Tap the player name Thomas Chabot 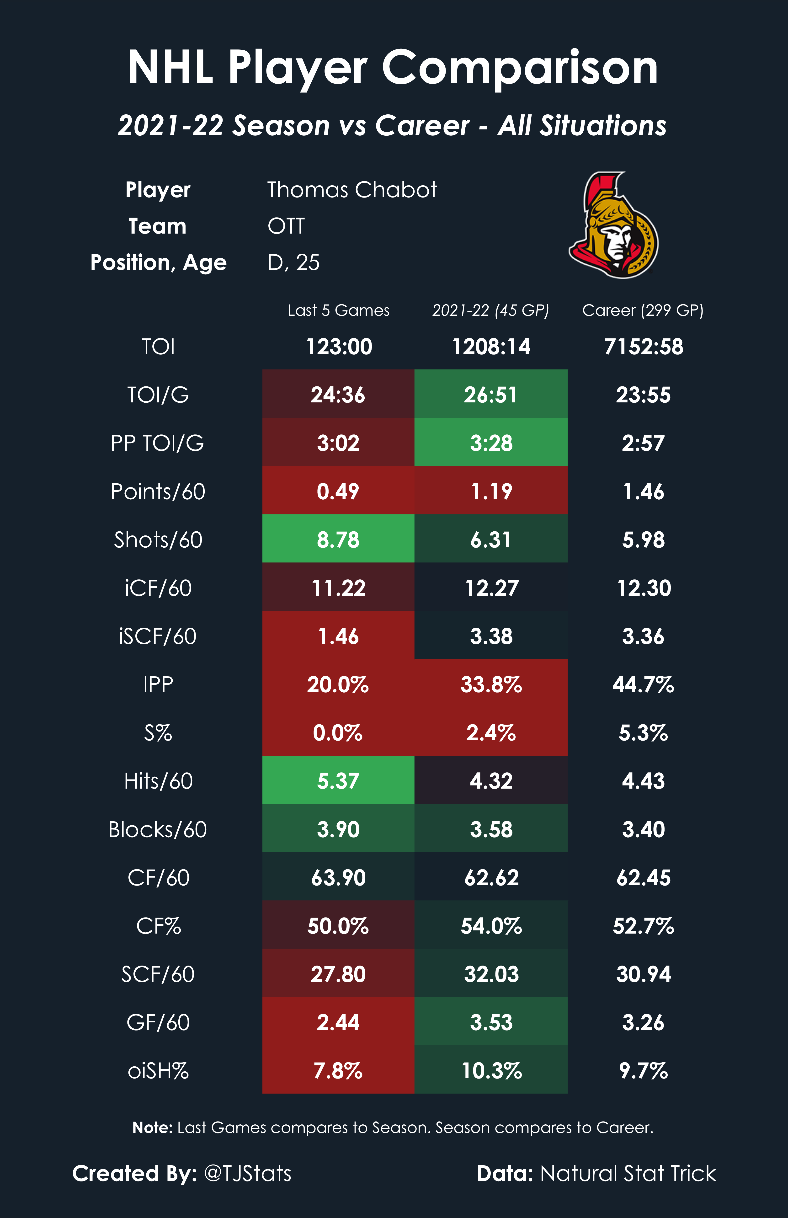click(x=352, y=190)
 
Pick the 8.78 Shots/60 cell click(x=338, y=540)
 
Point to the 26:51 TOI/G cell click(x=491, y=395)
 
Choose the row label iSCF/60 click(x=158, y=636)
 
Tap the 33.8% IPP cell click(x=491, y=684)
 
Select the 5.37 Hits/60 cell click(x=338, y=781)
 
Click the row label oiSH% click(x=158, y=1071)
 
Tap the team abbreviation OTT click(x=286, y=226)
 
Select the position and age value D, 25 click(x=293, y=262)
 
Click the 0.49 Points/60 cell click(x=338, y=491)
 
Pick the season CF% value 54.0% click(x=491, y=926)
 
